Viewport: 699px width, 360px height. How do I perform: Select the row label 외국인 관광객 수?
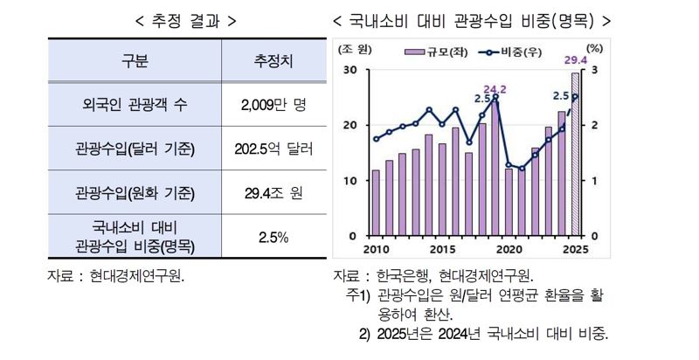(135, 106)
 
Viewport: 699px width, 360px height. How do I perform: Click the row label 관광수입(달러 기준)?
(135, 149)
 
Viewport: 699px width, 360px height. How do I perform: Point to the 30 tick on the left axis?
(350, 70)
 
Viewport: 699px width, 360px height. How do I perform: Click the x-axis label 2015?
(442, 248)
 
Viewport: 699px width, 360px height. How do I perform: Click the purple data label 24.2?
(495, 89)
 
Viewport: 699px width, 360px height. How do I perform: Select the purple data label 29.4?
(575, 59)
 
